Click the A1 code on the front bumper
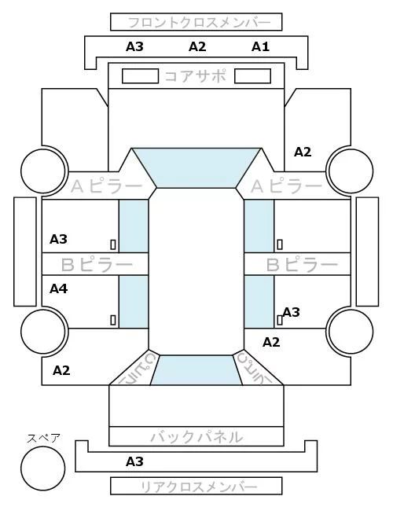(x=260, y=47)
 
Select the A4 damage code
(x=58, y=288)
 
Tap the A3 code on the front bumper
(x=134, y=47)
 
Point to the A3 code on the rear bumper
(x=134, y=461)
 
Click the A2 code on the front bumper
(x=197, y=47)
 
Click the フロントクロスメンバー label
(x=199, y=23)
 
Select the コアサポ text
(x=196, y=76)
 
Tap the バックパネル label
(x=196, y=437)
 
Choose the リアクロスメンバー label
(x=199, y=487)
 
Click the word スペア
(x=43, y=439)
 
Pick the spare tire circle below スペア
(x=43, y=468)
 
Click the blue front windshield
(x=196, y=167)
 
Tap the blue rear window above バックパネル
(x=196, y=370)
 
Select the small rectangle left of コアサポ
(x=140, y=76)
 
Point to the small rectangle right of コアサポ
(x=252, y=76)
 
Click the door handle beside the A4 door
(x=113, y=320)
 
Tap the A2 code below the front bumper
(x=303, y=152)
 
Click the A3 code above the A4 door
(x=58, y=239)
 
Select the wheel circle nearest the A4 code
(x=43, y=332)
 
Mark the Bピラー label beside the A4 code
(x=97, y=265)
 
